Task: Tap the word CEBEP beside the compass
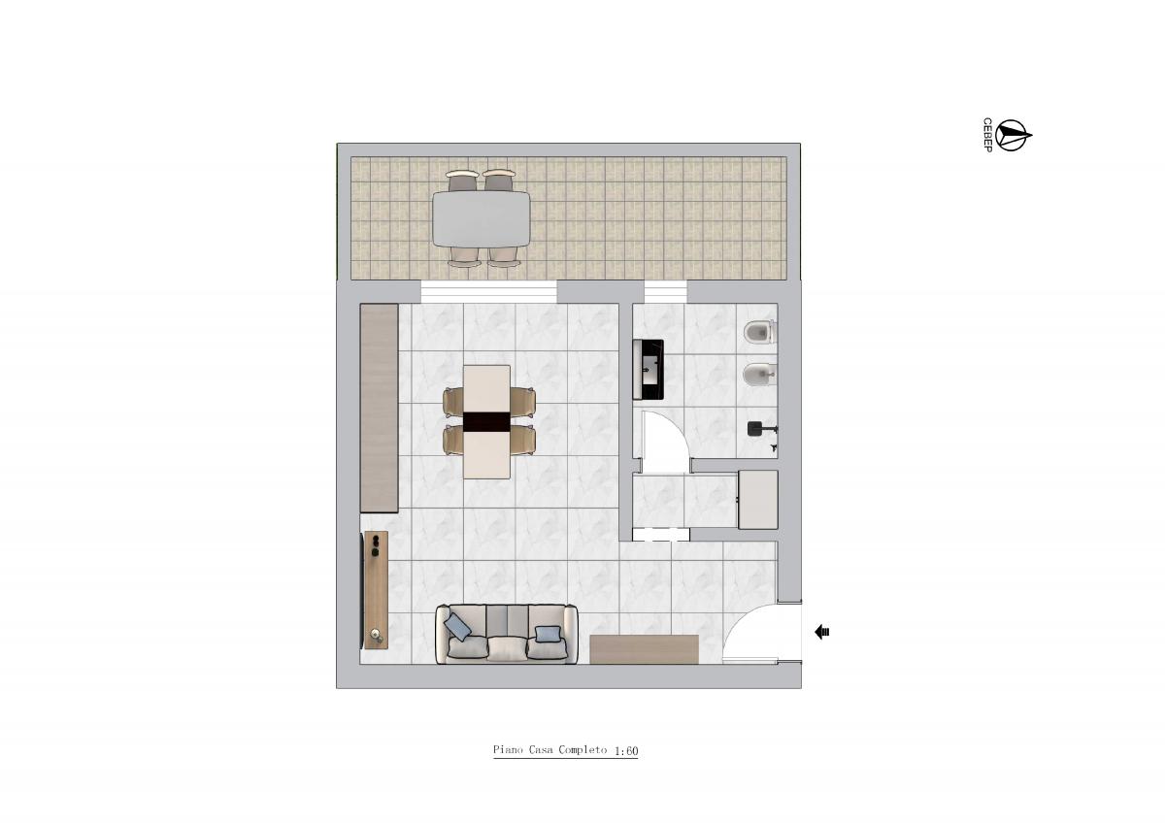[x=987, y=135]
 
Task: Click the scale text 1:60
[x=626, y=751]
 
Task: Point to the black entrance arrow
[x=821, y=632]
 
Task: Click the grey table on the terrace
[x=482, y=219]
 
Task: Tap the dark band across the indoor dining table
[x=486, y=421]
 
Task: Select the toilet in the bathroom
[x=759, y=332]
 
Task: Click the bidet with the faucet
[x=759, y=375]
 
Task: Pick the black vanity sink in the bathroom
[x=649, y=369]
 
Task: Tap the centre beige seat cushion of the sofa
[x=507, y=648]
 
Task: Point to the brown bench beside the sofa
[x=644, y=649]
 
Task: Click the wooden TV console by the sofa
[x=376, y=589]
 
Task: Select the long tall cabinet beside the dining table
[x=380, y=408]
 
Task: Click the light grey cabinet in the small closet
[x=758, y=500]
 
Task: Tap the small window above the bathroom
[x=666, y=292]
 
